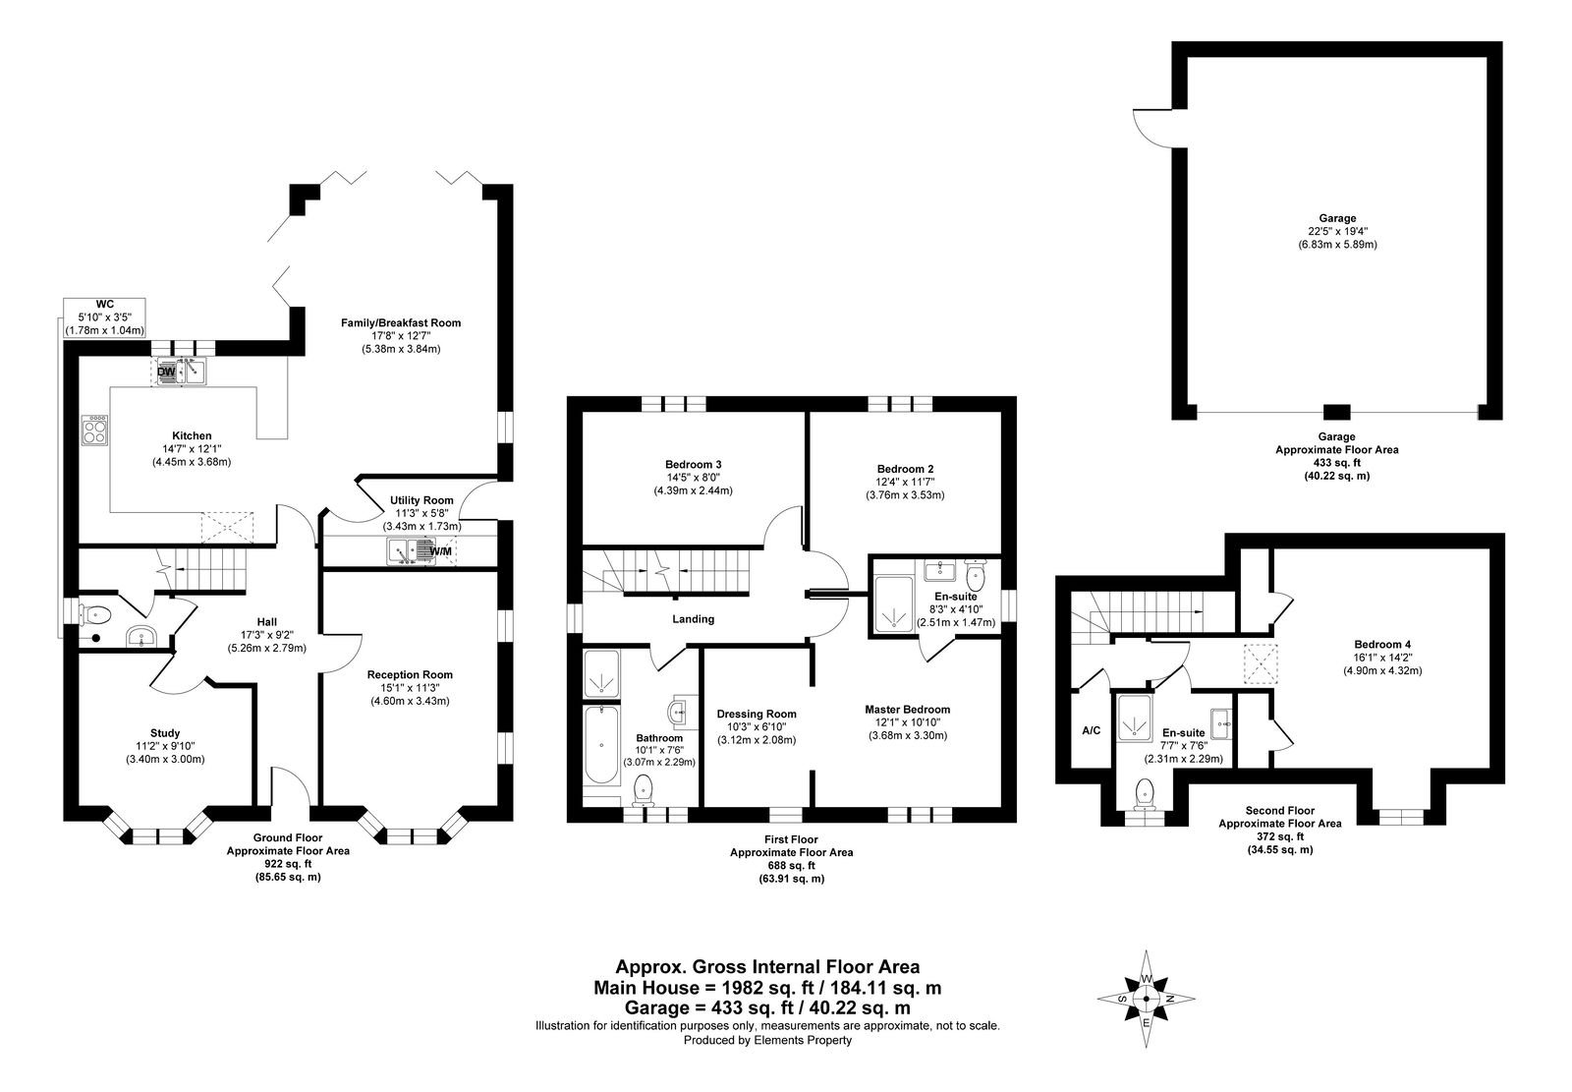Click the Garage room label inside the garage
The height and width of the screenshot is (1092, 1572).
click(x=1337, y=218)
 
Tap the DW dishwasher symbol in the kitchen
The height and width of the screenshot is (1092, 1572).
click(x=167, y=372)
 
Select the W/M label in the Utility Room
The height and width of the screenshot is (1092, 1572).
click(x=441, y=551)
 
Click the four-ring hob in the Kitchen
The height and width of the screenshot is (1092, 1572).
click(x=94, y=430)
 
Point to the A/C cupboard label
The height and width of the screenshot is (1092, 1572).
click(x=1092, y=730)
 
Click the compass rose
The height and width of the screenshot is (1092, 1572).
click(x=1146, y=998)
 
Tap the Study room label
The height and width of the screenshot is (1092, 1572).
click(x=165, y=733)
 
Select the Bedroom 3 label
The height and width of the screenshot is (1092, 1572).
click(x=694, y=464)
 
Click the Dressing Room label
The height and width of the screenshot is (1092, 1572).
click(x=757, y=715)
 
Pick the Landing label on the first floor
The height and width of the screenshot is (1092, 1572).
click(x=694, y=618)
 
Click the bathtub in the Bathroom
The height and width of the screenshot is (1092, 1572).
click(x=601, y=744)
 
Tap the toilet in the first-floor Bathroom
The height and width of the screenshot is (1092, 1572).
click(x=643, y=790)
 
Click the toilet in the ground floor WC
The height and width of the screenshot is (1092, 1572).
click(x=94, y=615)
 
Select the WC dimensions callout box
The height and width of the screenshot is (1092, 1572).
click(x=104, y=317)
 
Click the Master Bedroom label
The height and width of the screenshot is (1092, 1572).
click(x=908, y=710)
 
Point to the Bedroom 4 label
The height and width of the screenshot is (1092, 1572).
click(x=1382, y=644)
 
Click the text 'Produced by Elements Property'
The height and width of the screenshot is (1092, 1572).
click(x=767, y=1040)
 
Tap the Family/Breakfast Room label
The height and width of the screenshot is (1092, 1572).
click(x=401, y=323)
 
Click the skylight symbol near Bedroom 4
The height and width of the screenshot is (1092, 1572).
click(x=1262, y=663)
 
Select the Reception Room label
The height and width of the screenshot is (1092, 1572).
click(x=410, y=675)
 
